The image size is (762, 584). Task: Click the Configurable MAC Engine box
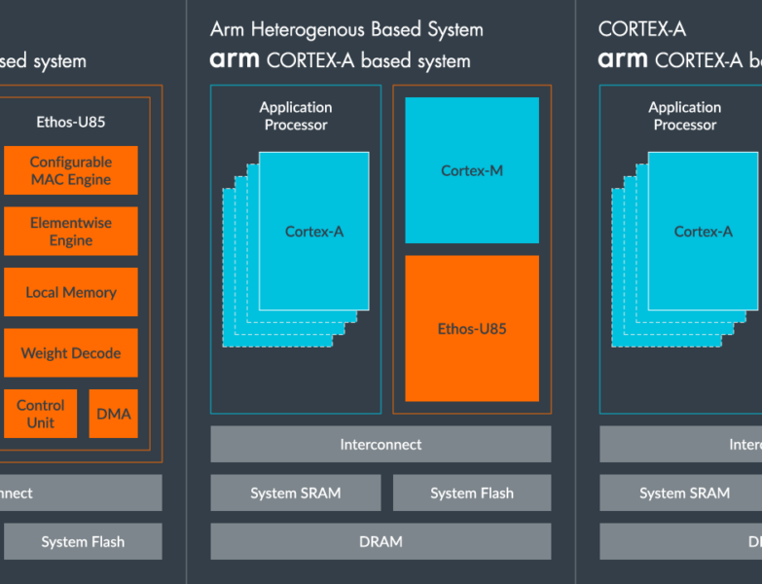[x=71, y=170]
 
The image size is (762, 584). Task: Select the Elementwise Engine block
[x=71, y=231]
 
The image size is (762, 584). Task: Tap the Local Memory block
[x=71, y=292]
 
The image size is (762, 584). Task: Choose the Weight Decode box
[x=71, y=353]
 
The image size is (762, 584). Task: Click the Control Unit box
[x=41, y=414]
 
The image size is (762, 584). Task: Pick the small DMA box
[x=114, y=414]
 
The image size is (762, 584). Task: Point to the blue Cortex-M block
[x=472, y=170]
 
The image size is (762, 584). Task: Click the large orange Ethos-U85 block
[x=472, y=329]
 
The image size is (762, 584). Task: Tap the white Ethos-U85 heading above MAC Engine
[x=71, y=123]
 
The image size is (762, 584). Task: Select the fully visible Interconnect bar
[x=381, y=444]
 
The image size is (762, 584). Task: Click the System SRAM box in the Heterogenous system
[x=296, y=493]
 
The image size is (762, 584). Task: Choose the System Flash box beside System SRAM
[x=472, y=493]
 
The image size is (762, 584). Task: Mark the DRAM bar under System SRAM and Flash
[x=381, y=541]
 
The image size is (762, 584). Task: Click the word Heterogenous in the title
[x=307, y=30]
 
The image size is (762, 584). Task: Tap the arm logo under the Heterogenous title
[x=235, y=60]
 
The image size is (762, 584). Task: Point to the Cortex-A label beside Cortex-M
[x=313, y=232]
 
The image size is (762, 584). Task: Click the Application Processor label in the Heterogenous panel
[x=296, y=116]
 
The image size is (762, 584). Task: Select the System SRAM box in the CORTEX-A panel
[x=684, y=493]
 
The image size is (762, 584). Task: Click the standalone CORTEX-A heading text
[x=642, y=30]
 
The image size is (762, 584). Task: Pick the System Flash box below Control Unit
[x=83, y=541]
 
